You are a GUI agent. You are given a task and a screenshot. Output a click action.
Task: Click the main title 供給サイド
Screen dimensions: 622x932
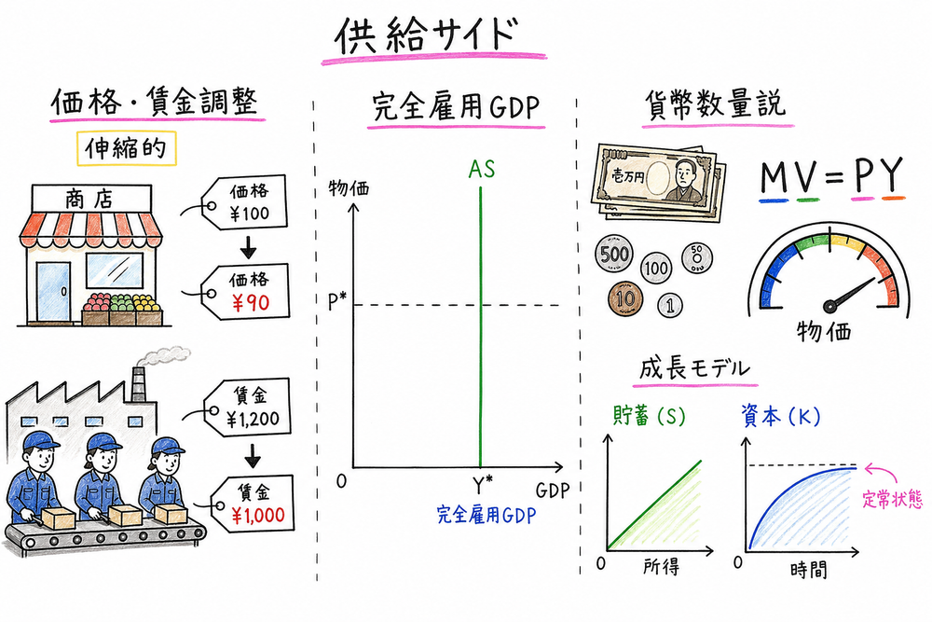pyautogui.click(x=424, y=36)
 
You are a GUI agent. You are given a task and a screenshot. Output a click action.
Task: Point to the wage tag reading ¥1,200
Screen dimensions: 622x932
pyautogui.click(x=248, y=407)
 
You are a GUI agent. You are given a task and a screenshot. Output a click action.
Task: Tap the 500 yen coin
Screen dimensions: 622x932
pyautogui.click(x=614, y=254)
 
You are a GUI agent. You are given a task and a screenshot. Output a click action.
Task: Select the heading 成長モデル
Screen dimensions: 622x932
pyautogui.click(x=694, y=368)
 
